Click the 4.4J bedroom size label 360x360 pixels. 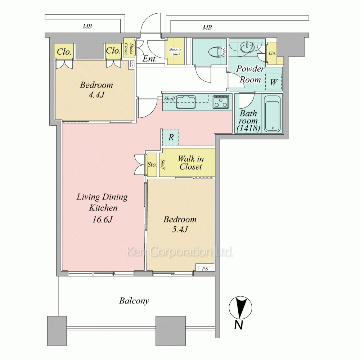(96, 95)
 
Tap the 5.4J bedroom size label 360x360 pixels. (180, 229)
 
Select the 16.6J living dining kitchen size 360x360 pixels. (102, 220)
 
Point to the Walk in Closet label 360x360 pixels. (191, 163)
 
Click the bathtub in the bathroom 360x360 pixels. (272, 114)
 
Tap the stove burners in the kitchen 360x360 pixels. (221, 102)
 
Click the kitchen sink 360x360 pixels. (186, 102)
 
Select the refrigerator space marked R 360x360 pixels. (171, 138)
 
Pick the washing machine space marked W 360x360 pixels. (274, 82)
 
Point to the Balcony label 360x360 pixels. (134, 301)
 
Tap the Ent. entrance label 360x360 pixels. (150, 59)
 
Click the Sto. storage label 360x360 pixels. (152, 165)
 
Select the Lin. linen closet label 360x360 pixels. (272, 53)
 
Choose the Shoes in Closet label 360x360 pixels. (175, 52)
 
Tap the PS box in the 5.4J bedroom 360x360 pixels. (205, 269)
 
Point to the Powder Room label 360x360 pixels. (250, 74)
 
